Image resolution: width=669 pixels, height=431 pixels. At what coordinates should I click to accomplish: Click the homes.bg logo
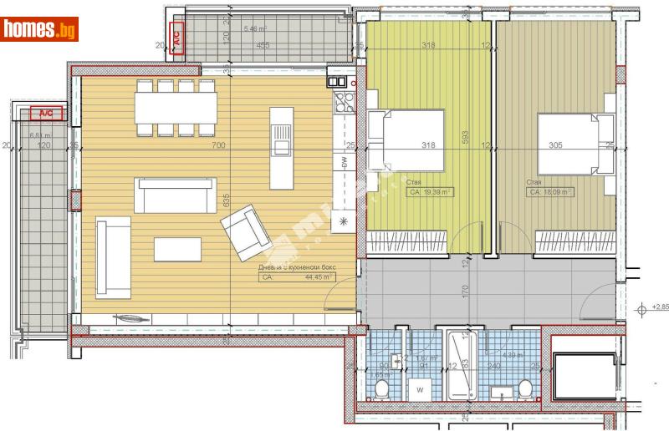[40, 29]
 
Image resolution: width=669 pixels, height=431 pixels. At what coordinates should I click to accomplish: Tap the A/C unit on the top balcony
[176, 37]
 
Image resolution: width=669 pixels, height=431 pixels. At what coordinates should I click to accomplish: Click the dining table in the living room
[176, 107]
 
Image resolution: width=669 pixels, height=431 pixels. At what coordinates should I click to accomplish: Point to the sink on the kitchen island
[282, 148]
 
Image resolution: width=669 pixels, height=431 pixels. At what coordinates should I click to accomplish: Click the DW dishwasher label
[344, 162]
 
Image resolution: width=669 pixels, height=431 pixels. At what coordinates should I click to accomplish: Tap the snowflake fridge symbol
[344, 221]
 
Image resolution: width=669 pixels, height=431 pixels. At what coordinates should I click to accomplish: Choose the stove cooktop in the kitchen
[344, 104]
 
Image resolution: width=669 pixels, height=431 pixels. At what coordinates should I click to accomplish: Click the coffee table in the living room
[177, 249]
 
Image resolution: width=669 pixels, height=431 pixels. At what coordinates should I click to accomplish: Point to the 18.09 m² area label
[550, 192]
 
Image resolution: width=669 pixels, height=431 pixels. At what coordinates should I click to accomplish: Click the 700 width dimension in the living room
[218, 145]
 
